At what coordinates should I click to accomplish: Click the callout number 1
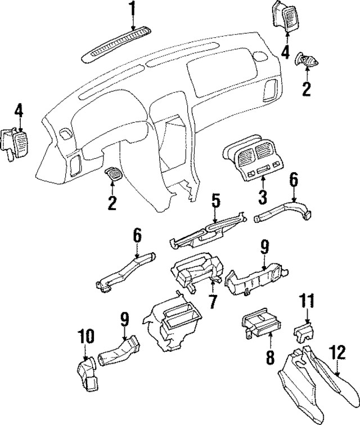(133, 9)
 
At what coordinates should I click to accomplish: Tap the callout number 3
(263, 197)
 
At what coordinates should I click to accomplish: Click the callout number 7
(212, 301)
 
